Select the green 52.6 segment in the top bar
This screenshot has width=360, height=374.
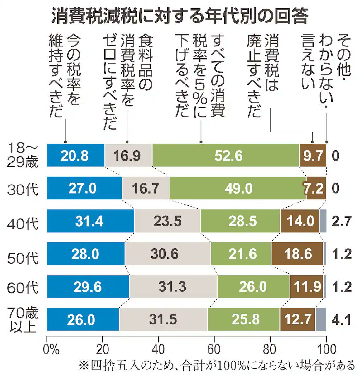pos(226,156)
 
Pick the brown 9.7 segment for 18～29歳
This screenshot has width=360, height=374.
pos(313,156)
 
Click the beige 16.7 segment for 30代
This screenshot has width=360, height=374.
pos(146,188)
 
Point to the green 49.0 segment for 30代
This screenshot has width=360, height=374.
pos(238,188)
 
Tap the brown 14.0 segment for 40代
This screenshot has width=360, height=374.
pos(300,221)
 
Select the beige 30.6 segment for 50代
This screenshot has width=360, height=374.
pos(168,254)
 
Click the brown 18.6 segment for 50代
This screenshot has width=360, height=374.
pos(297,254)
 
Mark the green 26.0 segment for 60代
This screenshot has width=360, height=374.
pos(253,286)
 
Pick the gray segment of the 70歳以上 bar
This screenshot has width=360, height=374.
pos(321,319)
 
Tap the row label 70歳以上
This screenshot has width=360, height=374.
pos(23,320)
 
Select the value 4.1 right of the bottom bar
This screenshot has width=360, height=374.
pos(342,320)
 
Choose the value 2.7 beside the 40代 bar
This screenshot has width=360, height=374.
pos(342,221)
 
